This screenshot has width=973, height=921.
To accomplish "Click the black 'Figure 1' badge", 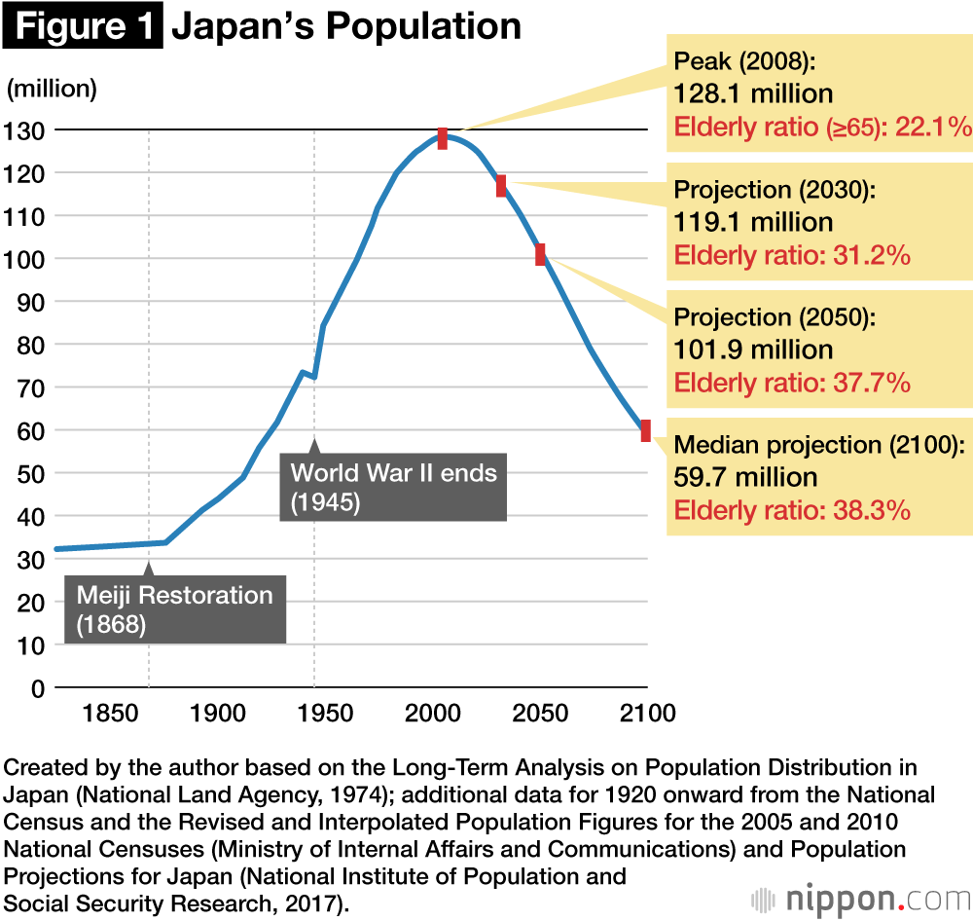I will tap(82, 26).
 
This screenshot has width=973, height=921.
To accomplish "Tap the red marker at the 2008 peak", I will tap(443, 138).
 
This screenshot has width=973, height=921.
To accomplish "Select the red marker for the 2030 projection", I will tap(501, 186).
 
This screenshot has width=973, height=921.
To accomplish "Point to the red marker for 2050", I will tap(540, 254).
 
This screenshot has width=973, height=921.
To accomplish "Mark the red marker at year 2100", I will tap(645, 430).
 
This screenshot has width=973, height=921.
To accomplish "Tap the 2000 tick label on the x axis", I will tap(433, 714).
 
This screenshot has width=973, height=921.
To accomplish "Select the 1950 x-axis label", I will tap(325, 714).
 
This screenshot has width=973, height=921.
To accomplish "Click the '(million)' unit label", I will tap(53, 89).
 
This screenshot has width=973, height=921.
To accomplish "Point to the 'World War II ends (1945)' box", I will tap(393, 487).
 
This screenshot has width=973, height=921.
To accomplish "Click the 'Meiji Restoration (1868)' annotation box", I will tap(175, 608).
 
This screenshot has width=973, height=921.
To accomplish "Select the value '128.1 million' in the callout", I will tap(753, 94).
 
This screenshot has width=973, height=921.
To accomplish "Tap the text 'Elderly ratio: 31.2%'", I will tap(791, 255).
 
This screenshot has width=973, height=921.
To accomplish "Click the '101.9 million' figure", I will tap(753, 350).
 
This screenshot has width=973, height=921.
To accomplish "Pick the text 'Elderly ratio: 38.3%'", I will tap(791, 509).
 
